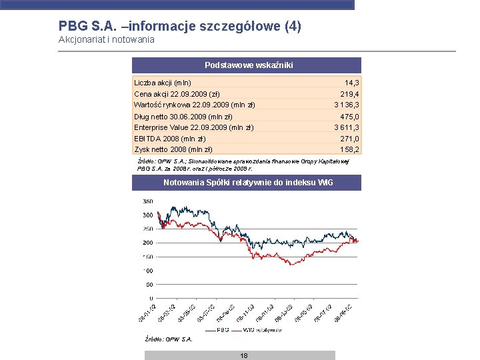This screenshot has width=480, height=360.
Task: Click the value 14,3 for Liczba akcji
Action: pos(353,83)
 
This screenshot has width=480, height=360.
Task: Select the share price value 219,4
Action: pos(349,94)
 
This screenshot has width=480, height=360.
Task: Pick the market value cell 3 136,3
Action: pos(347,105)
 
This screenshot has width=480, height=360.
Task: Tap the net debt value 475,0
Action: pos(349,117)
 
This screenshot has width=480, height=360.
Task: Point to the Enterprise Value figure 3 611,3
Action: pos(347,127)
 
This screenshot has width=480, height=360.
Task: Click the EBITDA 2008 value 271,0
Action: pos(349,139)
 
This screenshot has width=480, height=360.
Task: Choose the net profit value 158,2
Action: pos(349,149)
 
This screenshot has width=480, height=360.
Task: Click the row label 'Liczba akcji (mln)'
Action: pos(163,83)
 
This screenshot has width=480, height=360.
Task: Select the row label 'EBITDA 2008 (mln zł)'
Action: pos(169,139)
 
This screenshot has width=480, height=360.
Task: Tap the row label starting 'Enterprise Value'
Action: pos(193,127)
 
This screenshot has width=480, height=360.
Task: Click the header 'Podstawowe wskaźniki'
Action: pos(247,65)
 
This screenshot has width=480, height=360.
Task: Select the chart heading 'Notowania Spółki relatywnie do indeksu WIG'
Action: pos(247,183)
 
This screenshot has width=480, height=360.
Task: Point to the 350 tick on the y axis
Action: pos(147,201)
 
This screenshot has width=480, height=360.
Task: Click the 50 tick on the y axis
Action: pos(149,285)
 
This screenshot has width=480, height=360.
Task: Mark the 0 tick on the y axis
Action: pos(151,298)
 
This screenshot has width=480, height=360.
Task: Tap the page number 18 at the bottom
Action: pos(244,356)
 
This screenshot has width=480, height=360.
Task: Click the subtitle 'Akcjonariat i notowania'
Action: pos(107,40)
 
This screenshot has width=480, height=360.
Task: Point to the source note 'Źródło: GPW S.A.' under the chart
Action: pos(169,339)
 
